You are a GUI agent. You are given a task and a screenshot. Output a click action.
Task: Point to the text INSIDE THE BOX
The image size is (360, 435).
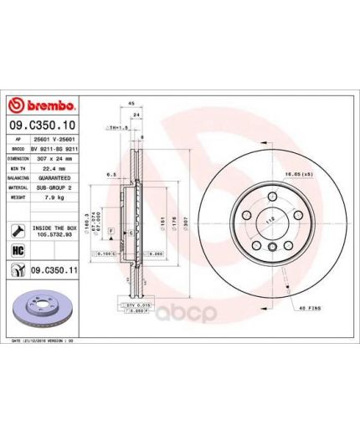point(55,226)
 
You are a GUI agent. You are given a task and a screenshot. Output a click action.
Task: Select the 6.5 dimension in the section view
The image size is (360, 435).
point(110,176)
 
